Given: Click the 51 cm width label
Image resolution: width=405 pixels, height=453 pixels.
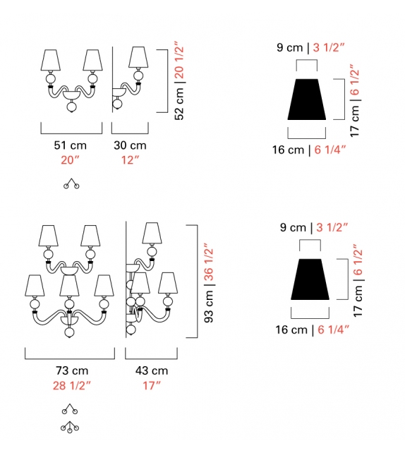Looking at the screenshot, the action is (x=70, y=145).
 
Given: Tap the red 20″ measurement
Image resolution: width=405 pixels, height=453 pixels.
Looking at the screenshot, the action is (x=70, y=159).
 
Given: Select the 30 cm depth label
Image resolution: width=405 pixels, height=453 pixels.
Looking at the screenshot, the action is (x=130, y=145).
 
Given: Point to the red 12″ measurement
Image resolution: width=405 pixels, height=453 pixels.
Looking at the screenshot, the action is (x=130, y=159).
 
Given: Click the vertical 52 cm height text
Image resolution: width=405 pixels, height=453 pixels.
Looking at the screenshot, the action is (x=179, y=104).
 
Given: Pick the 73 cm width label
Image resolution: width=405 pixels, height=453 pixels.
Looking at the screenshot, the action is (x=72, y=370).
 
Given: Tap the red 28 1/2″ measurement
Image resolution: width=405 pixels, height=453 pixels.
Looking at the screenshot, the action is (x=72, y=386).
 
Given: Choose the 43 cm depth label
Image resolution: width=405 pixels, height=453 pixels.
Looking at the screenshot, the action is (x=152, y=370).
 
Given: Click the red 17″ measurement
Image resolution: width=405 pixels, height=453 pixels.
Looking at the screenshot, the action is (x=152, y=386).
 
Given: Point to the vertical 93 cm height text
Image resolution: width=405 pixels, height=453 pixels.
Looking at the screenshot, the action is (x=209, y=306).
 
